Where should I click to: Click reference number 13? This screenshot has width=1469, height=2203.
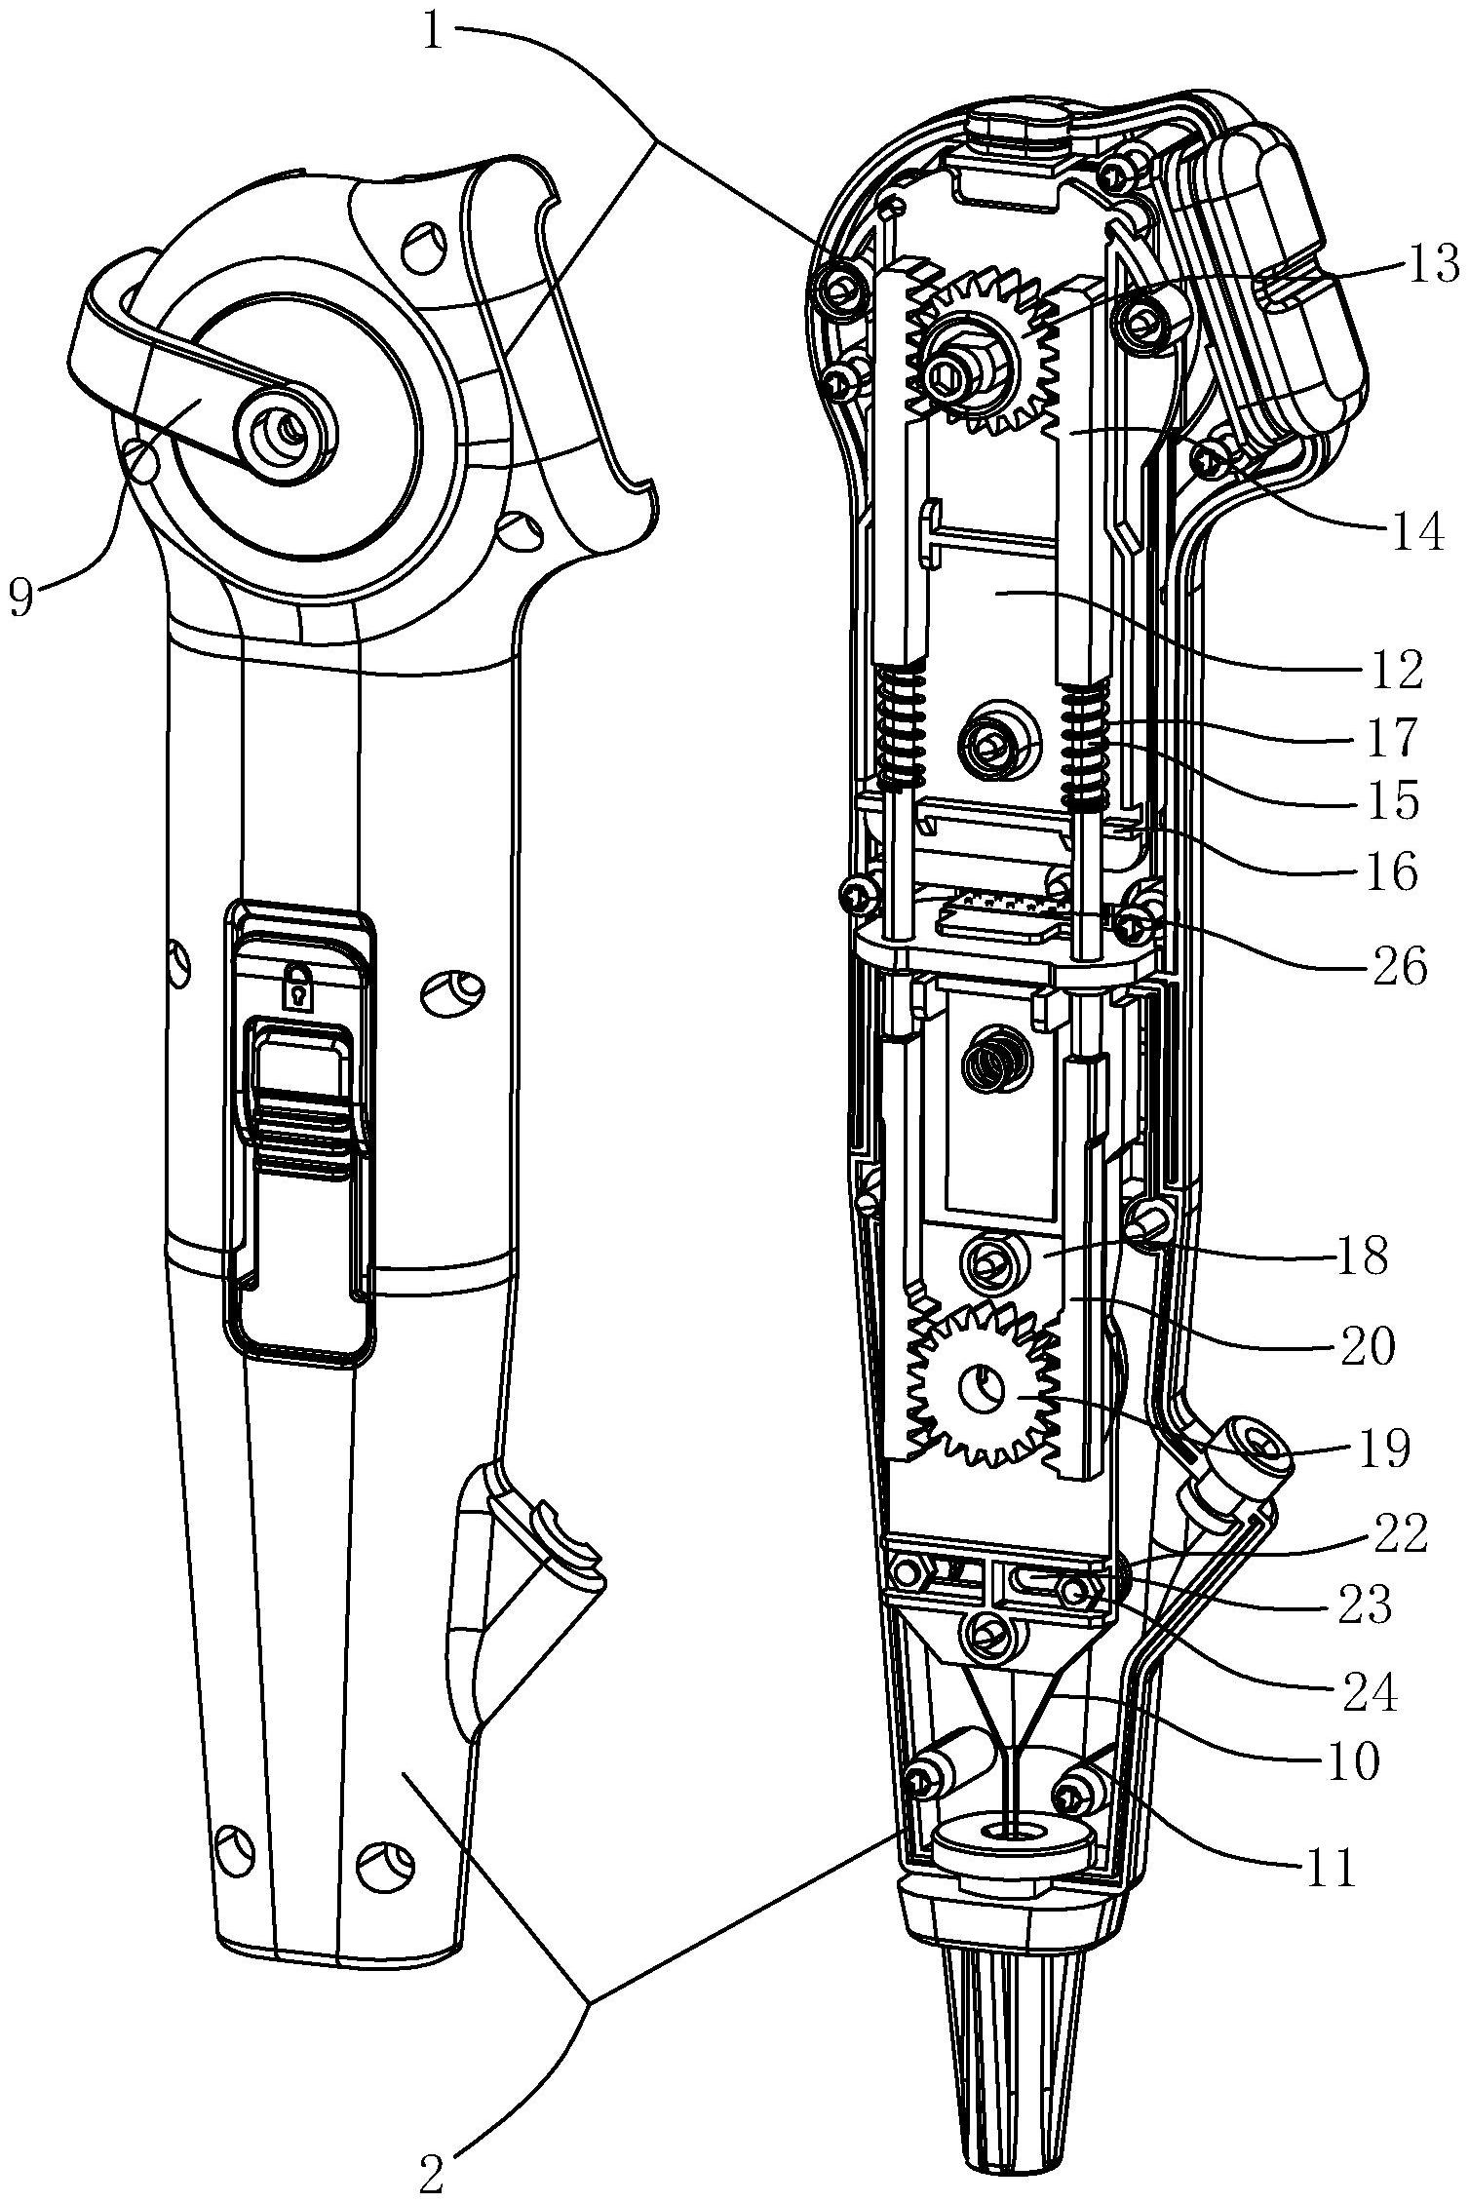click(1428, 264)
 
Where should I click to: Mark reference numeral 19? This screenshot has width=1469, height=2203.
click(1380, 1449)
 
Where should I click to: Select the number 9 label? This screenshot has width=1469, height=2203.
click(21, 596)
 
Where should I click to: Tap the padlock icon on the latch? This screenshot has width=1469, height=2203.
click(297, 987)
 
